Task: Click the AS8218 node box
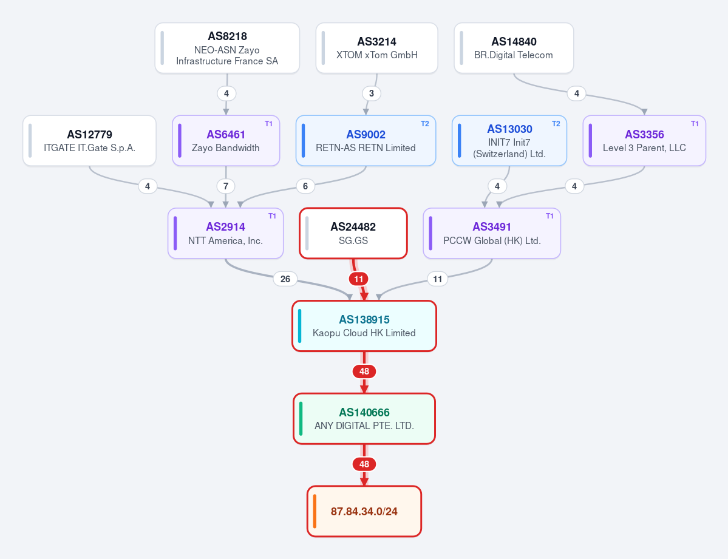227,49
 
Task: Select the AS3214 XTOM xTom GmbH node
376,49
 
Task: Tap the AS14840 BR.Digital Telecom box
514,49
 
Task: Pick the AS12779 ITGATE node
90,141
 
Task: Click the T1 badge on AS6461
269,123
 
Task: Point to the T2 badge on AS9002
425,123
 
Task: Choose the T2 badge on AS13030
556,123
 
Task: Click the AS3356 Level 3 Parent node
644,141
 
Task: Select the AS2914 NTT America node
226,233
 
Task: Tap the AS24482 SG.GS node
353,233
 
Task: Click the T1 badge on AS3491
549,216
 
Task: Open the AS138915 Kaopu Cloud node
364,326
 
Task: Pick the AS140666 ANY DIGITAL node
364,419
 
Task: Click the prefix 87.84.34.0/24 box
364,511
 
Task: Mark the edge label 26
285,279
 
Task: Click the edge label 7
226,186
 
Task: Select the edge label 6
305,186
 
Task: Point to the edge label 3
372,93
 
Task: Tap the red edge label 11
358,279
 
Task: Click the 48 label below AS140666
364,464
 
